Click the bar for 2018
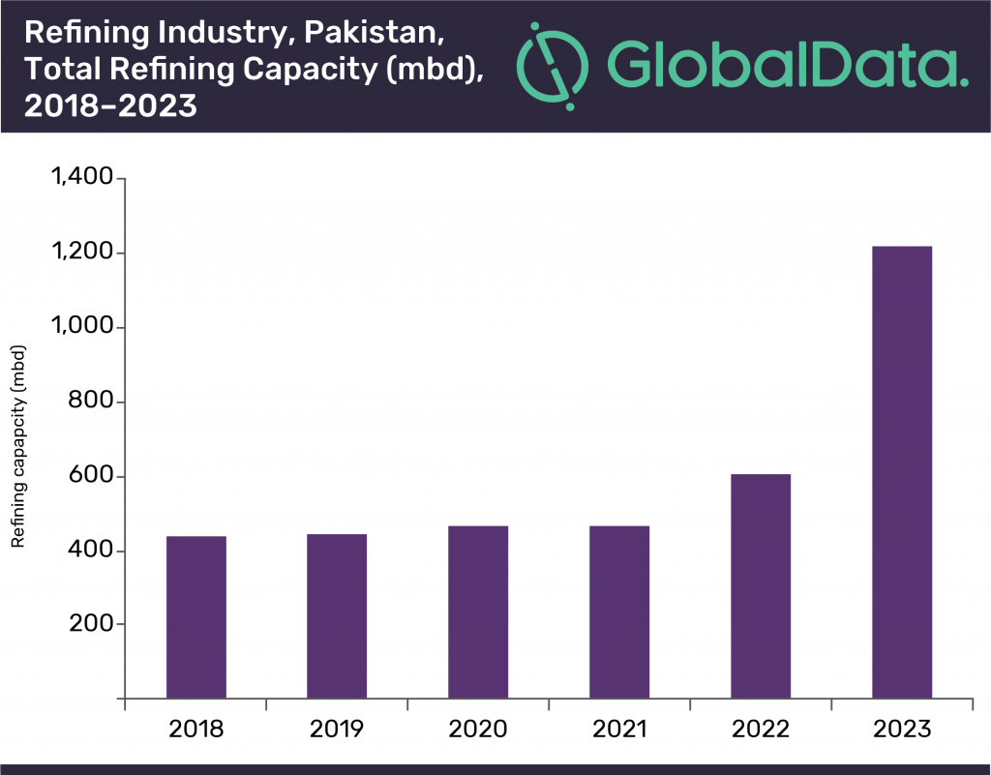point(196,616)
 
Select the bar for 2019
point(337,615)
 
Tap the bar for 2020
point(478,611)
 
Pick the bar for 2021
point(619,611)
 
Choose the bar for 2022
point(761,585)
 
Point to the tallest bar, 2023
point(902,472)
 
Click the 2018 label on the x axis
point(196,729)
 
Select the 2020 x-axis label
point(478,729)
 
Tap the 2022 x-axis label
point(761,729)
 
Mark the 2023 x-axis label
point(902,729)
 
